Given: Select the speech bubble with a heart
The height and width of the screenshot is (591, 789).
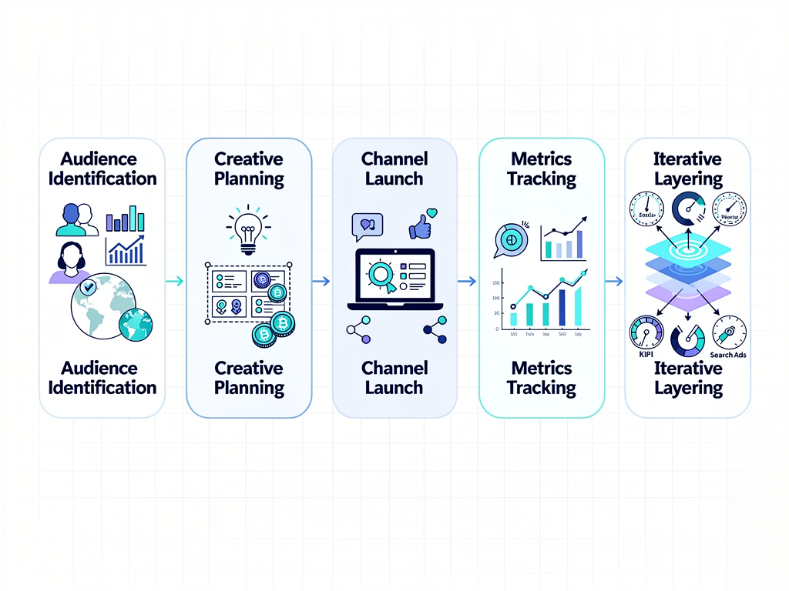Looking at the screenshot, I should coord(367,225).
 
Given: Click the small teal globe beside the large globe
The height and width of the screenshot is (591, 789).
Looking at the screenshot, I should coord(136,324).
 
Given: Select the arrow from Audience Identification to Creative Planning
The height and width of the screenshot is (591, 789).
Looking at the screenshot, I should coord(174,282).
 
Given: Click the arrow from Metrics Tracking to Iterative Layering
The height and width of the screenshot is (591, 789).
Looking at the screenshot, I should coord(613,282).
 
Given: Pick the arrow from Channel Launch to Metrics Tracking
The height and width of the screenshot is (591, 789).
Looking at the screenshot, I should coord(467,282).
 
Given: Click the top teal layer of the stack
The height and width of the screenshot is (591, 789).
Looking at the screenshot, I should coord(687,249).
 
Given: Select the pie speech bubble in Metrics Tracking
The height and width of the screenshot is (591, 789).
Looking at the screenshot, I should coord(509,239).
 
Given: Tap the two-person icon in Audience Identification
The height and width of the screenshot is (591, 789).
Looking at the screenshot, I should coord(77,219).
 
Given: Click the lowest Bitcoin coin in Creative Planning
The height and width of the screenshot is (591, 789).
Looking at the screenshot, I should coord(264,335).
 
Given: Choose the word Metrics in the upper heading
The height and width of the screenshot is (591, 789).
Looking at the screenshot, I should coord(542,159).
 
